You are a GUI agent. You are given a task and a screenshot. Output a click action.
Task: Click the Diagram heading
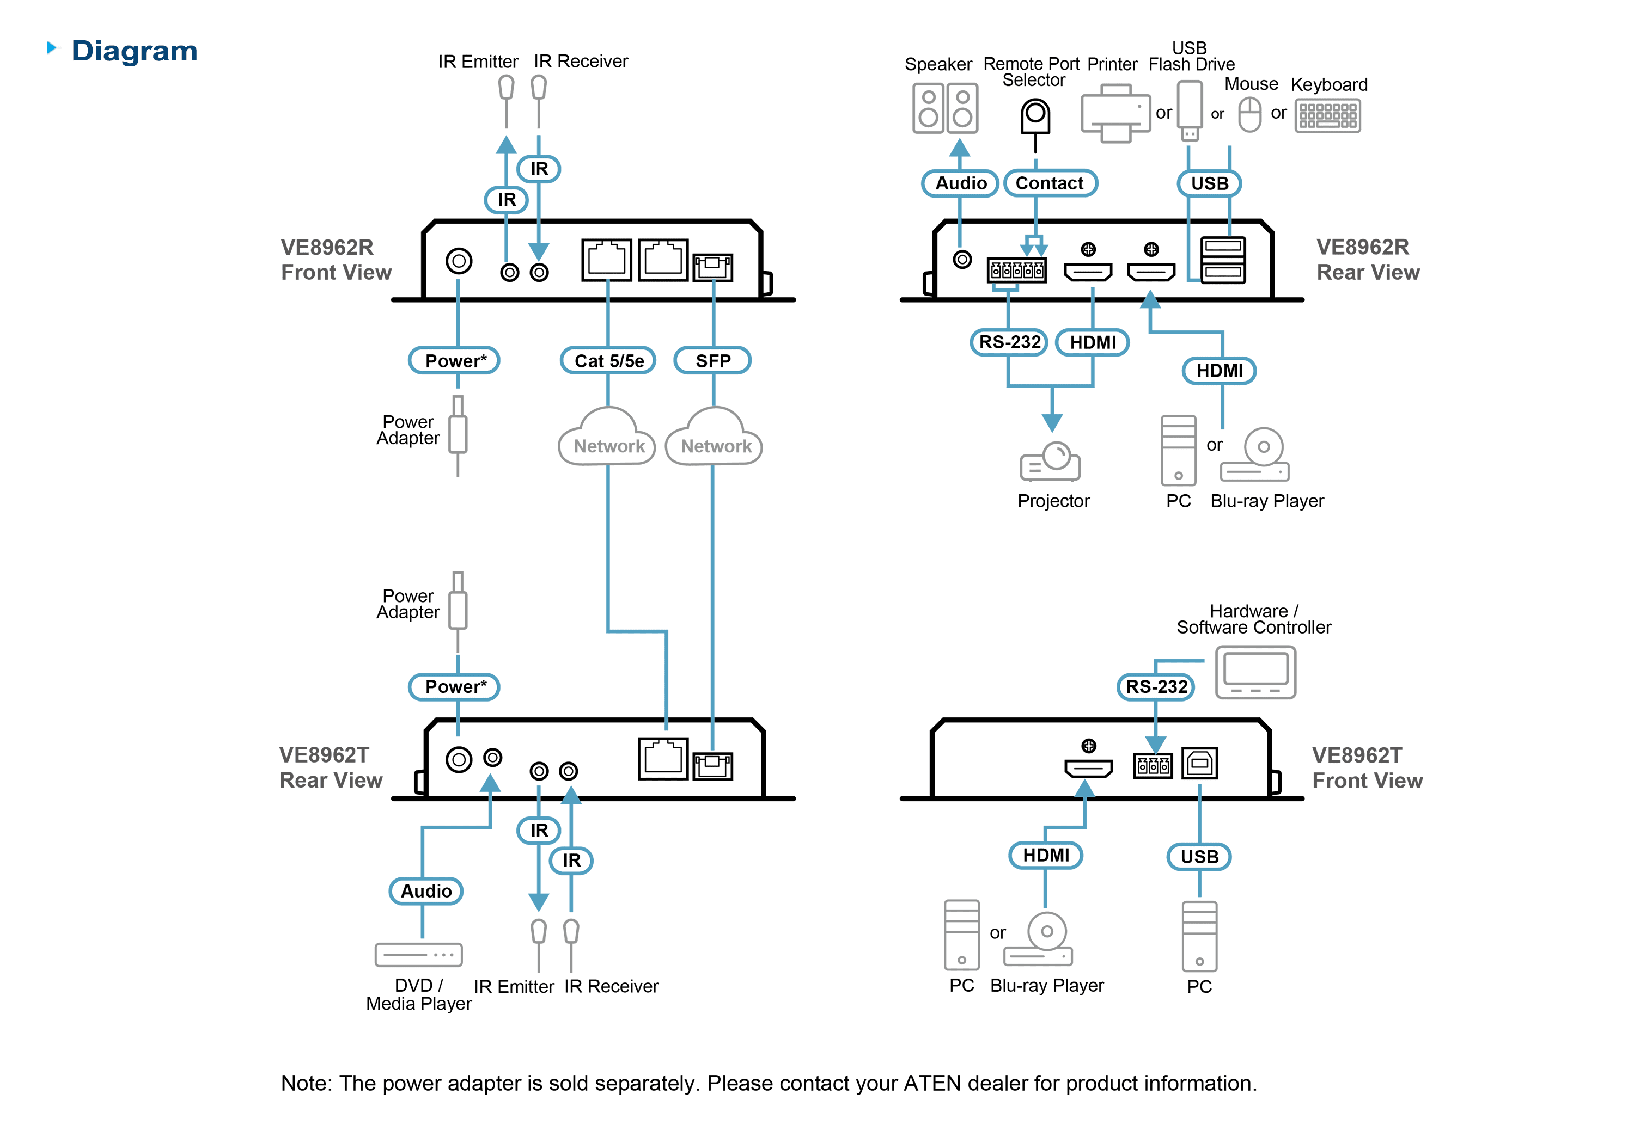click(135, 51)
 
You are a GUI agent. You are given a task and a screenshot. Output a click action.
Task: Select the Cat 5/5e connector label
click(608, 361)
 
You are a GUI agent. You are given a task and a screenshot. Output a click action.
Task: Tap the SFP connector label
click(712, 361)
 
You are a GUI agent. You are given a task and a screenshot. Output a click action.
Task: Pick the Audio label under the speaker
click(960, 183)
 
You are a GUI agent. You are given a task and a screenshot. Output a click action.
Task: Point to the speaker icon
click(945, 108)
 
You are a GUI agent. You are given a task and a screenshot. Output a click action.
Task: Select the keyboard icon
click(1327, 116)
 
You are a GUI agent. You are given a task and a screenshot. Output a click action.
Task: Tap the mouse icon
click(1249, 114)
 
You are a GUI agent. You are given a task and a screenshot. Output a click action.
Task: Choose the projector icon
click(1051, 462)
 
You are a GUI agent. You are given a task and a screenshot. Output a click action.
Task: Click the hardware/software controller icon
click(1255, 672)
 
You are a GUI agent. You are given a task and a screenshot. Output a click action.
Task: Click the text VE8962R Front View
click(336, 260)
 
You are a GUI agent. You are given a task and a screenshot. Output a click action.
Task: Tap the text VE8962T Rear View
click(331, 767)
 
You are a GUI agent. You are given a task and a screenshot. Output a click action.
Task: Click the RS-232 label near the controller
click(1156, 687)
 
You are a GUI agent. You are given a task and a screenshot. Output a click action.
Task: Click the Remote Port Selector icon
click(1035, 118)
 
